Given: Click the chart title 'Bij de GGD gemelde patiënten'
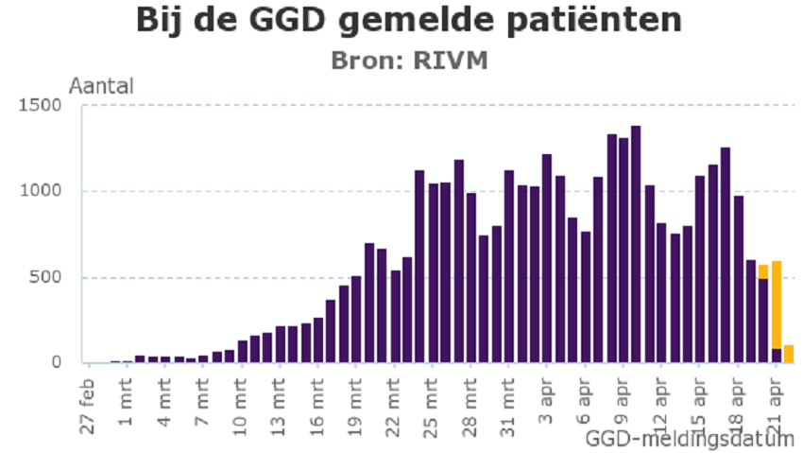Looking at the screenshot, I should click(407, 21).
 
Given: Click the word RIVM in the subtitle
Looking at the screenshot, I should click(456, 61).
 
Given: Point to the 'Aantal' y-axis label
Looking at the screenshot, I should click(101, 86).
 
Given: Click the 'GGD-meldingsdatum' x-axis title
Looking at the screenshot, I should click(689, 439).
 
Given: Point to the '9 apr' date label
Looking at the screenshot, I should click(624, 407).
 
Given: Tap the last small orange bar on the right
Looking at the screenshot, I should click(789, 354).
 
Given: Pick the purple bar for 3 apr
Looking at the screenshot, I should click(547, 258).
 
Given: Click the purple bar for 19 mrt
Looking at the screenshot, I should click(357, 320).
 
